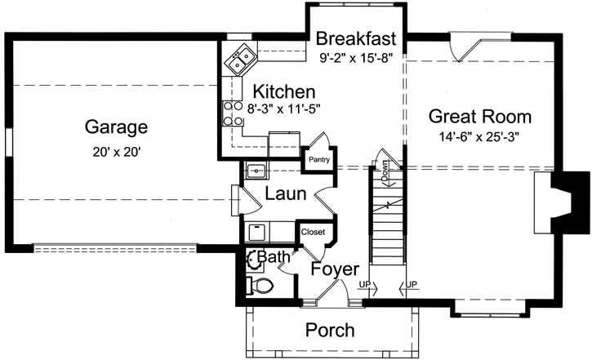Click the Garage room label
[116, 127]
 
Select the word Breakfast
[356, 38]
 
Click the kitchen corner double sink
[240, 60]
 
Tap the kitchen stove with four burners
[229, 113]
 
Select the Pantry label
[318, 160]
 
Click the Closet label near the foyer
[313, 232]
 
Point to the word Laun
[285, 194]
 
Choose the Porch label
[330, 330]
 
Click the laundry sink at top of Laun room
[256, 171]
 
